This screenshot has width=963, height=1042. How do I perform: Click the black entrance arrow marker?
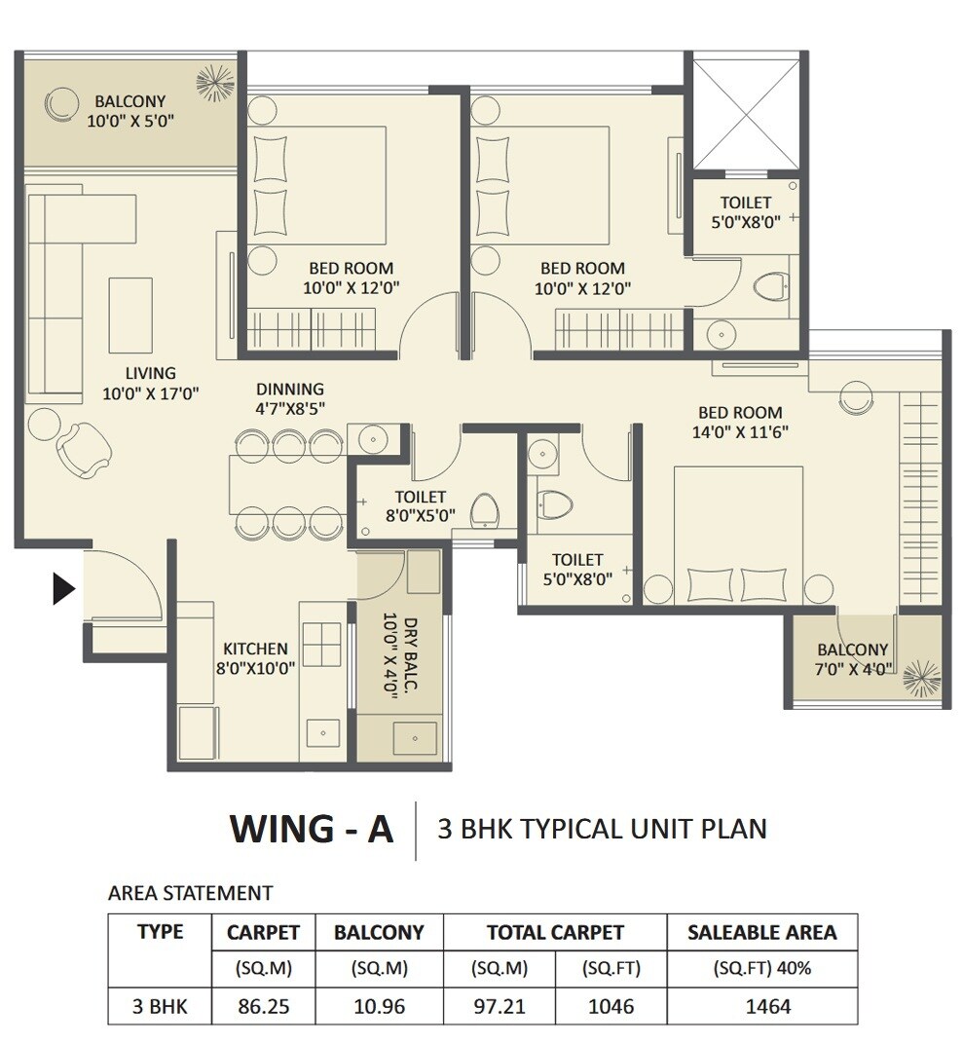(x=63, y=588)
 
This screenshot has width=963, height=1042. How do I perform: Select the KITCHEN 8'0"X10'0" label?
(x=255, y=657)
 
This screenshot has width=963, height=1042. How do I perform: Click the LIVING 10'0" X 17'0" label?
(x=151, y=383)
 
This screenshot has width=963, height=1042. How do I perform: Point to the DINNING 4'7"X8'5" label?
(x=290, y=399)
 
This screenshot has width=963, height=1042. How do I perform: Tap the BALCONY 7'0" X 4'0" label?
(x=852, y=659)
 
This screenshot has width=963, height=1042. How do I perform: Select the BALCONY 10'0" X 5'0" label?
(x=130, y=111)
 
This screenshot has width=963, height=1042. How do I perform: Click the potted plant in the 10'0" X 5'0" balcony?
(x=215, y=83)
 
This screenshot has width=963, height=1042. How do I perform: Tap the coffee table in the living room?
(x=130, y=315)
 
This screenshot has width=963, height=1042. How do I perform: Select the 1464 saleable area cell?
(x=761, y=1006)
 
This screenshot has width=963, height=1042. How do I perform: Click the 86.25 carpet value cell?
(x=263, y=1006)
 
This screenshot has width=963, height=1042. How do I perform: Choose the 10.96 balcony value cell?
(x=379, y=1006)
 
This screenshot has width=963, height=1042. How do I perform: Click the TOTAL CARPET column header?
(x=555, y=932)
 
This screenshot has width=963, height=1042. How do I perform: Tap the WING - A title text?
(x=312, y=829)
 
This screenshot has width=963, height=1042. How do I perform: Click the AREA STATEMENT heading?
(x=190, y=893)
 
